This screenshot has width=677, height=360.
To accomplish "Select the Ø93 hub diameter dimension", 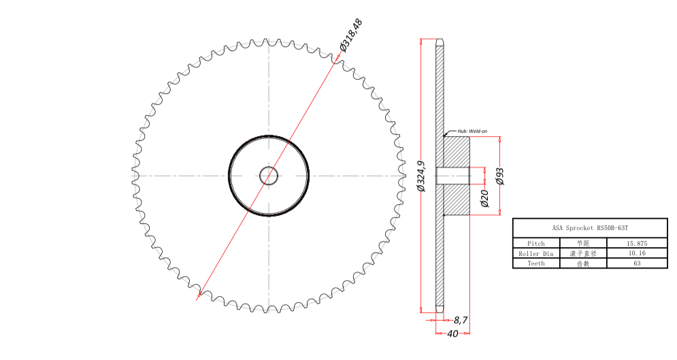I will (500, 176).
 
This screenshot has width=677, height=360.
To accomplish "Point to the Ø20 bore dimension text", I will (484, 198).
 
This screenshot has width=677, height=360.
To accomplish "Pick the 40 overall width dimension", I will (452, 333).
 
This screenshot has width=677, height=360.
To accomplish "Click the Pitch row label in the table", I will (536, 243).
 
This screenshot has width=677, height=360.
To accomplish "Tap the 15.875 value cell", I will (637, 243).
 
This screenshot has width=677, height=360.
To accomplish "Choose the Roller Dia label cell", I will (536, 253).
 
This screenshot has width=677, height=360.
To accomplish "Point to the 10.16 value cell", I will (637, 253).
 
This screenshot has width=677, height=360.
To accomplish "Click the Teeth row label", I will (536, 263).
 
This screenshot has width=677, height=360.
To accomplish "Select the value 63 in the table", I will (637, 263).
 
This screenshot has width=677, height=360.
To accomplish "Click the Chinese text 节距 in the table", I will (582, 243).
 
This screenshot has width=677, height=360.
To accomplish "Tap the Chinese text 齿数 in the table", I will (582, 263).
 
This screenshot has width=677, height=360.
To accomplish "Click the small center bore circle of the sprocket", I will (269, 176).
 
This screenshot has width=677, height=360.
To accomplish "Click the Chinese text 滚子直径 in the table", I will (582, 253).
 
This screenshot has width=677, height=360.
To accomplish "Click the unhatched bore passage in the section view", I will (452, 176).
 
